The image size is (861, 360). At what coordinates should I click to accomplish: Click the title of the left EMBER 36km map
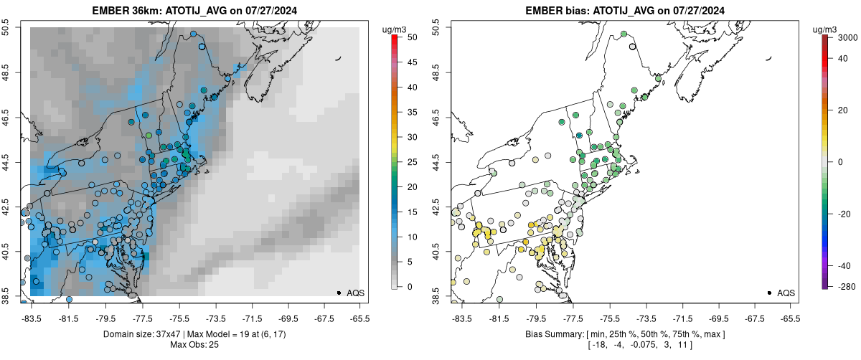[194, 11]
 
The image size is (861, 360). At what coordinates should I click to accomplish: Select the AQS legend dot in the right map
[768, 293]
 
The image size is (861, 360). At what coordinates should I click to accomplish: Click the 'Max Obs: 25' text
[194, 345]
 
